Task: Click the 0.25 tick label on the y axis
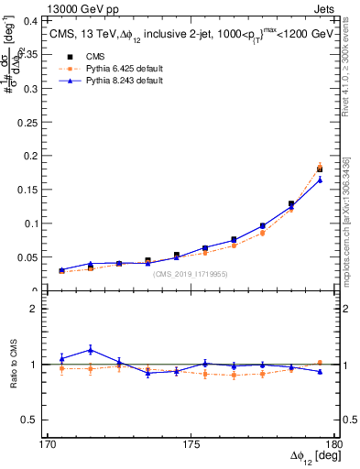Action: click(x=30, y=122)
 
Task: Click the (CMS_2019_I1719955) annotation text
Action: click(x=190, y=273)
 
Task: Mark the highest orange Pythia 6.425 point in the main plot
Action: click(x=320, y=166)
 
